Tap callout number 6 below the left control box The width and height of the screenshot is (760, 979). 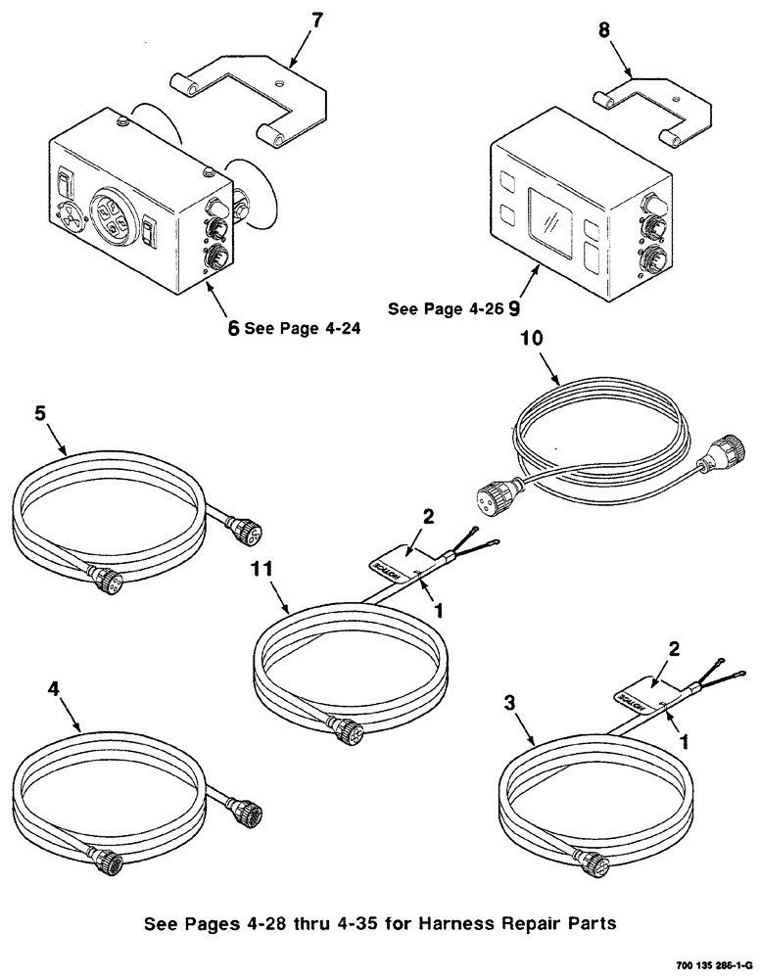pos(233,330)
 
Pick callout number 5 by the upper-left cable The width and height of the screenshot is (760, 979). pos(41,414)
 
